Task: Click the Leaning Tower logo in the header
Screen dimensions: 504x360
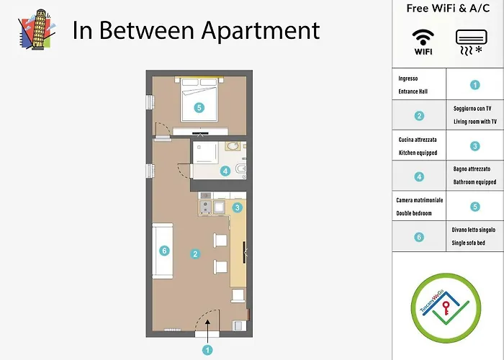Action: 37,30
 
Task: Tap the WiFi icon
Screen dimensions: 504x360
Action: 423,42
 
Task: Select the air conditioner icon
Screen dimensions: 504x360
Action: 471,42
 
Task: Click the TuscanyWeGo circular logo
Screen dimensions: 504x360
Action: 446,308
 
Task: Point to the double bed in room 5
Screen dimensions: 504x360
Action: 199,99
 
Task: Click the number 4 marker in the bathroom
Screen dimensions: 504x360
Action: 225,171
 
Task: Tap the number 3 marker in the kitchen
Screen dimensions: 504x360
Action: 237,207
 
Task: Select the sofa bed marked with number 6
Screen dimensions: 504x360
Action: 163,251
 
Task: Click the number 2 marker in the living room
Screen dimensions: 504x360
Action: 195,254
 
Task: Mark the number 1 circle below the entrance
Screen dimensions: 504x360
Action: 207,351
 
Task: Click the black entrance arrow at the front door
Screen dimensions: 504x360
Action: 207,332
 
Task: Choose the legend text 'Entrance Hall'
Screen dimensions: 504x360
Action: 413,91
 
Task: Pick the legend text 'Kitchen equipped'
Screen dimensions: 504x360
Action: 418,153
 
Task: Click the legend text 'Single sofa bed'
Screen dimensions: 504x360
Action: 468,243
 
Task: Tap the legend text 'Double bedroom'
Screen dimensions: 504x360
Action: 414,213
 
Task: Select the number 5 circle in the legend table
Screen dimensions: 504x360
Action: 475,207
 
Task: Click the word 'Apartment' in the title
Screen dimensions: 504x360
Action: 261,31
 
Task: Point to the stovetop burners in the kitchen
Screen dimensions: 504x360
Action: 205,207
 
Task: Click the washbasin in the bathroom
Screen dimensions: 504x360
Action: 232,147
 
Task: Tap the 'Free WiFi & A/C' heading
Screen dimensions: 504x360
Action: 448,9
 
